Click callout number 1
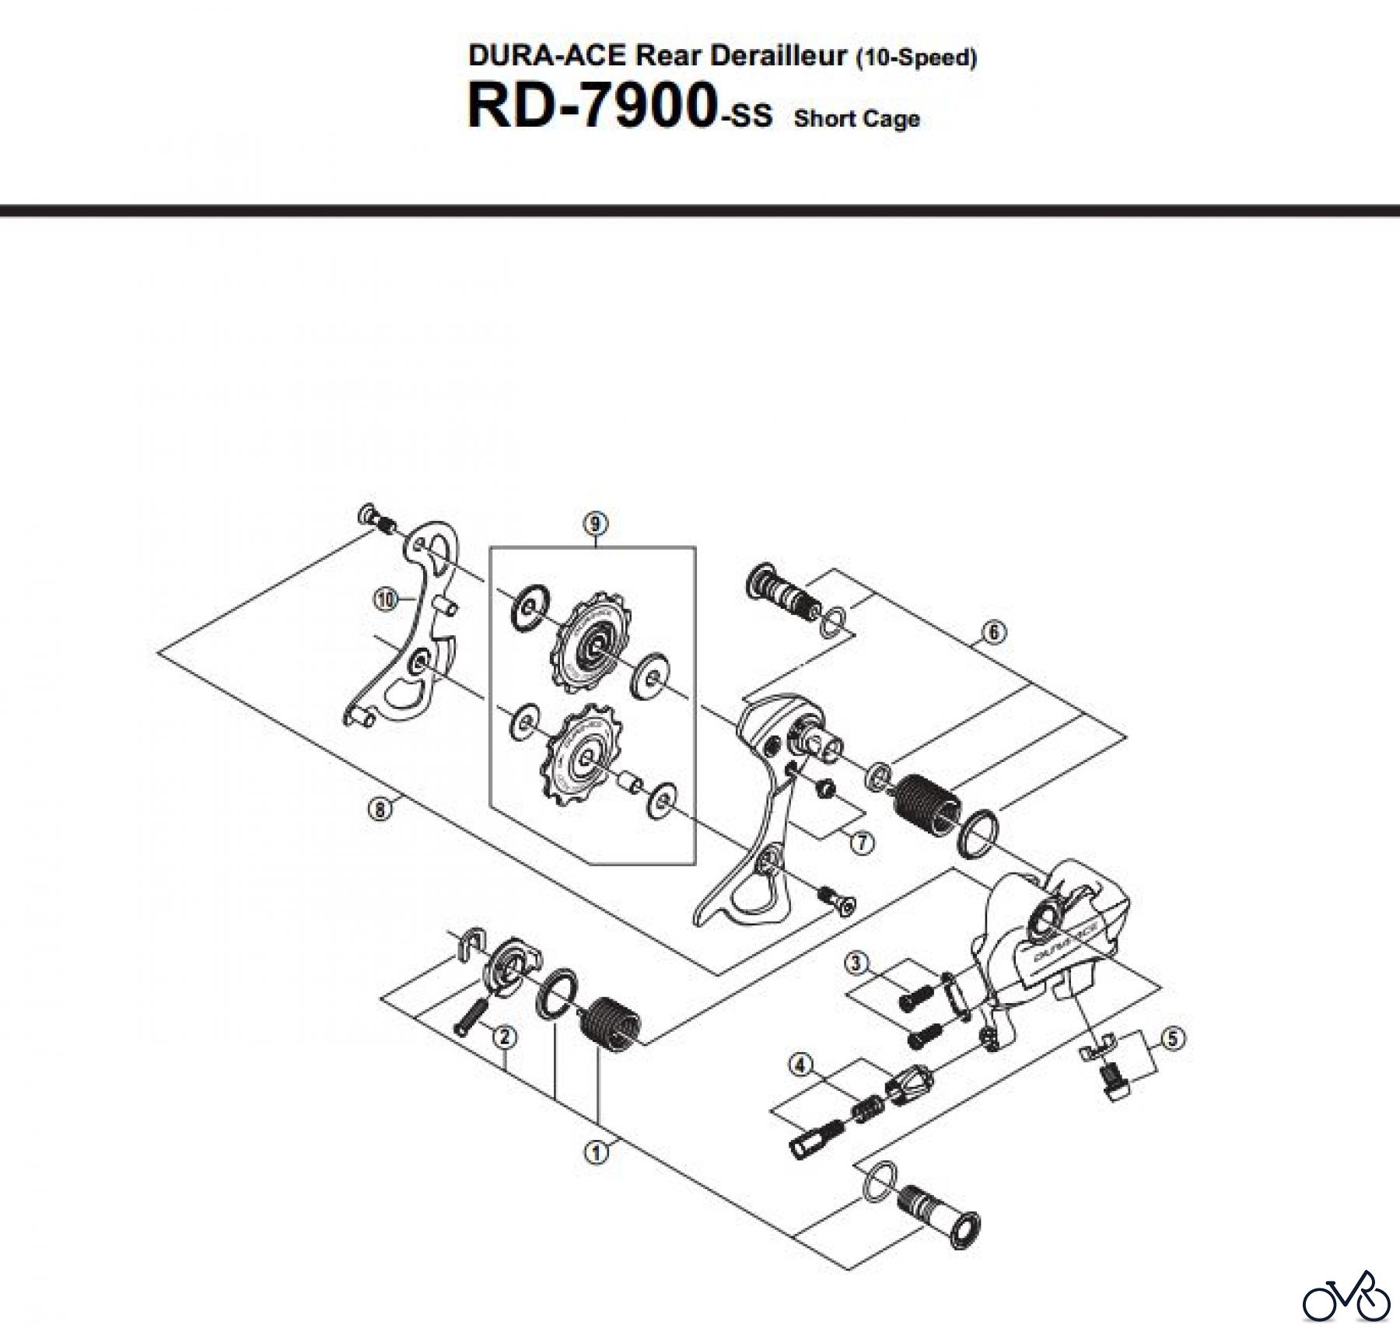[597, 1152]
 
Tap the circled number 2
[505, 1037]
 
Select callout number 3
[856, 963]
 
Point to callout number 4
[800, 1065]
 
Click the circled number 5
[1172, 1038]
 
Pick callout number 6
[993, 632]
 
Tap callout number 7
[861, 842]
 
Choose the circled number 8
[380, 809]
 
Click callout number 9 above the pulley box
[595, 523]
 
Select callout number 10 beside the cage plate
[384, 599]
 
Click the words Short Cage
[856, 119]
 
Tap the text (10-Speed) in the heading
[915, 58]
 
